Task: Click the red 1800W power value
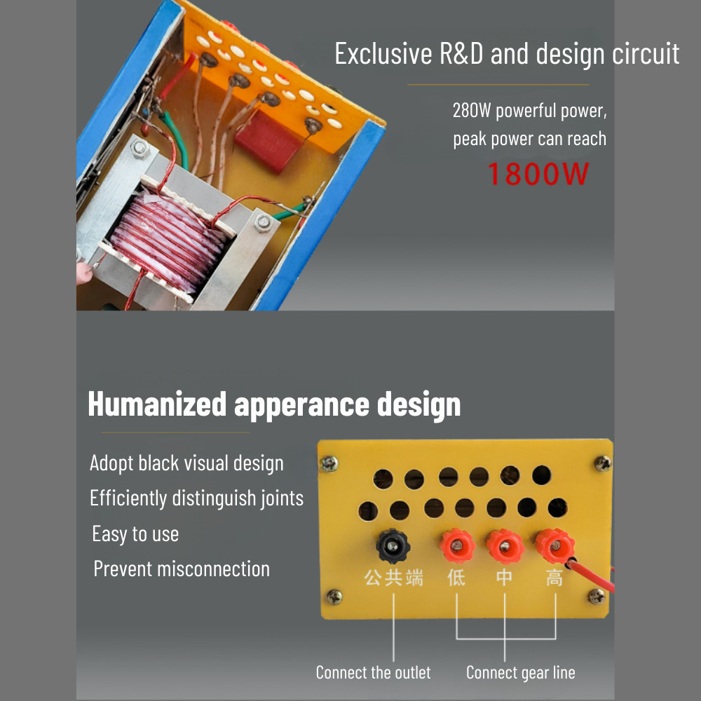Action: click(538, 174)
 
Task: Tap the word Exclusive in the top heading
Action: click(383, 54)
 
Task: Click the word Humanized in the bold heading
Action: click(157, 404)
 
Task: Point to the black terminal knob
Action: click(393, 545)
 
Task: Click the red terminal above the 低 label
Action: click(457, 545)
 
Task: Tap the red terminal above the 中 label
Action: click(505, 546)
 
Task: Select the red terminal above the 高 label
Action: click(554, 545)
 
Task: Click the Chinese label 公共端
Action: click(393, 578)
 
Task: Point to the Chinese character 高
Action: click(554, 578)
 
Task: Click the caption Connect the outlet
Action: click(374, 672)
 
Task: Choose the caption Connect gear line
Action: click(521, 673)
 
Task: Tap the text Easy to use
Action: click(135, 533)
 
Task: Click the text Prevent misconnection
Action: click(182, 569)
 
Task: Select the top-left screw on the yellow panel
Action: click(329, 463)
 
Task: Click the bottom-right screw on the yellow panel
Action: click(597, 596)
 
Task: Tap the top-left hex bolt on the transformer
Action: click(140, 148)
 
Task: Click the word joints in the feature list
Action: click(282, 498)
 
